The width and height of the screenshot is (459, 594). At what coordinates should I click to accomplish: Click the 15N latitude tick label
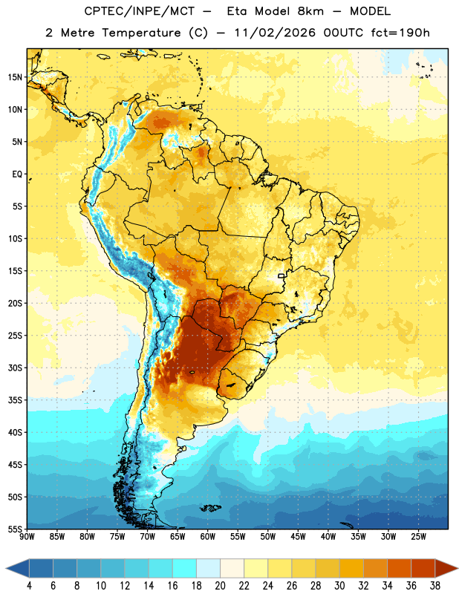click(15, 77)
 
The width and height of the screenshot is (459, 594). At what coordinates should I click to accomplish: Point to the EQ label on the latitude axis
click(17, 174)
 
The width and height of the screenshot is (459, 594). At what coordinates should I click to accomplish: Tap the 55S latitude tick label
click(15, 529)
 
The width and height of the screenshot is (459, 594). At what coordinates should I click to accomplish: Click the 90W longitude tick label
click(27, 537)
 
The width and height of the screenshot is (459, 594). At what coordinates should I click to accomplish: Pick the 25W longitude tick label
click(418, 537)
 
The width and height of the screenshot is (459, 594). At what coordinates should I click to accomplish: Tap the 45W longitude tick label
click(298, 537)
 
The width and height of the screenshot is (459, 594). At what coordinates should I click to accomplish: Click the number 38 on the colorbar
click(435, 586)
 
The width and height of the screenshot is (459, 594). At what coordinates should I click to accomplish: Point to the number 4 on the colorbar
click(29, 586)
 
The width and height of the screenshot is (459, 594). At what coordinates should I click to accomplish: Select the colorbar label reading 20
click(220, 586)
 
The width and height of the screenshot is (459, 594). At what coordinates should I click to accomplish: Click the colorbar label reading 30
click(339, 586)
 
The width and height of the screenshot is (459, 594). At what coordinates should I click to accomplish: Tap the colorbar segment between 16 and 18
click(185, 569)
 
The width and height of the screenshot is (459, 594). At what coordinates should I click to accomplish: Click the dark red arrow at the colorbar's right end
click(446, 569)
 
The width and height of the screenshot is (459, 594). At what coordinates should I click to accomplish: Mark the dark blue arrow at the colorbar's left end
click(18, 569)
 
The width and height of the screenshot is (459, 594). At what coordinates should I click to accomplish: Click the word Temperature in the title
click(141, 33)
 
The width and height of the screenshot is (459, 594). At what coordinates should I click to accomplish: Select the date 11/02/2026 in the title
click(275, 33)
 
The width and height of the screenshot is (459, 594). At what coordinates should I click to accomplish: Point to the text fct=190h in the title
click(400, 33)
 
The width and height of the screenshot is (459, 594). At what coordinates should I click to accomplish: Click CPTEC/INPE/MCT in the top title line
click(140, 11)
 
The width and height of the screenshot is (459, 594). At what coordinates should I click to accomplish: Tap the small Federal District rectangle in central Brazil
click(281, 275)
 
